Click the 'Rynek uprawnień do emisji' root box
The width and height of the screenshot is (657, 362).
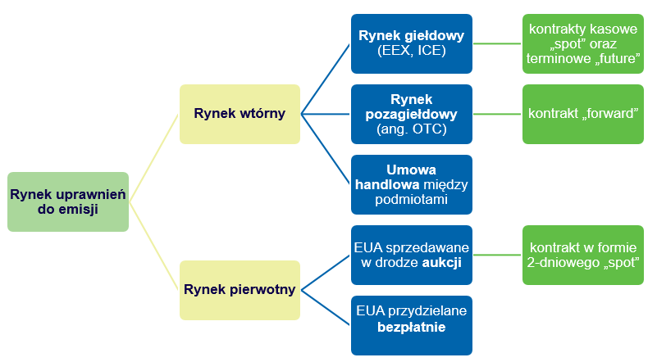point(67,201)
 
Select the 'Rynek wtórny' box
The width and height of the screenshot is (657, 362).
point(240,114)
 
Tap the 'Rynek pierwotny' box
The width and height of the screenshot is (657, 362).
point(240,290)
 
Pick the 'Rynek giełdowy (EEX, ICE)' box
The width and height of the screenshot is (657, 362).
point(412,43)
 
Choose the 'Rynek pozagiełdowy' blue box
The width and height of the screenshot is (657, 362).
point(412,114)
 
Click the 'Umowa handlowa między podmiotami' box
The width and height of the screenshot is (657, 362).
point(412,184)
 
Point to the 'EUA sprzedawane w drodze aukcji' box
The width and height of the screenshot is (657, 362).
point(412,255)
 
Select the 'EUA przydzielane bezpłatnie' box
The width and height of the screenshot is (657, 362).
point(412,325)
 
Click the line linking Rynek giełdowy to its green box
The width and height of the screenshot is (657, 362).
point(498,43)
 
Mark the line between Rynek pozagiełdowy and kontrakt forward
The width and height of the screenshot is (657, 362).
point(498,114)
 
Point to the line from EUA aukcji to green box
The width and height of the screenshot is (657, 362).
point(498,255)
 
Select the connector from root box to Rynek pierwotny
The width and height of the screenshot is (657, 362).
point(154,246)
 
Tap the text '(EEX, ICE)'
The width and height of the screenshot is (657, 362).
point(412,51)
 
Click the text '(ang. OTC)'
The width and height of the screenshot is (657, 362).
point(412,129)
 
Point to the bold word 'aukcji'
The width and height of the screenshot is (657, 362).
point(443,263)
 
